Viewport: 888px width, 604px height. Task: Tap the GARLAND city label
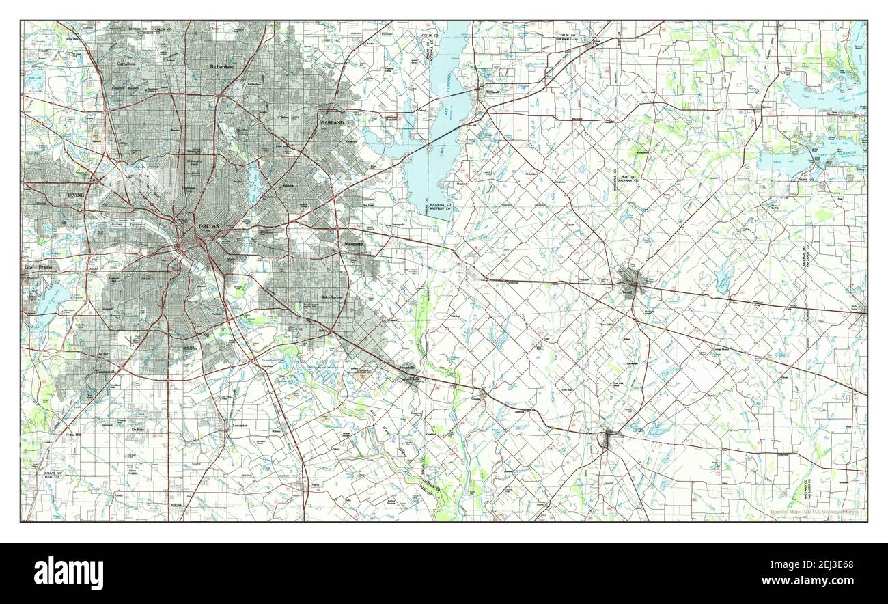click(332, 122)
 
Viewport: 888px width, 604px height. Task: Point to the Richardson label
click(222, 67)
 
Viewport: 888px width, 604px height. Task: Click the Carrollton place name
click(126, 64)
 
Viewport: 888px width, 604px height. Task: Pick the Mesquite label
click(352, 244)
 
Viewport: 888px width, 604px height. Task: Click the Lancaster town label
click(239, 425)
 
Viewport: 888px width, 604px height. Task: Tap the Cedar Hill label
click(71, 435)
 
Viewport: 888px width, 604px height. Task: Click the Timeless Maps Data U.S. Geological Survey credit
click(815, 512)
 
